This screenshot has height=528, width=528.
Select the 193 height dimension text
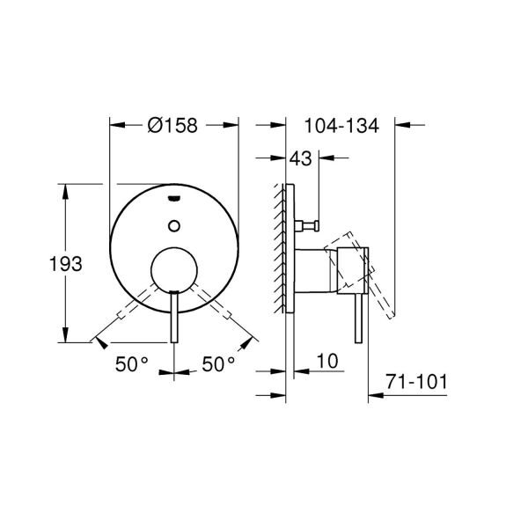tap(66, 263)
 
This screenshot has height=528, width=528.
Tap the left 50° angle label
tap(131, 363)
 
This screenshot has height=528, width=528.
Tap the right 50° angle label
tap(219, 363)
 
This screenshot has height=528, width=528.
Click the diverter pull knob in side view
tap(308, 224)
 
